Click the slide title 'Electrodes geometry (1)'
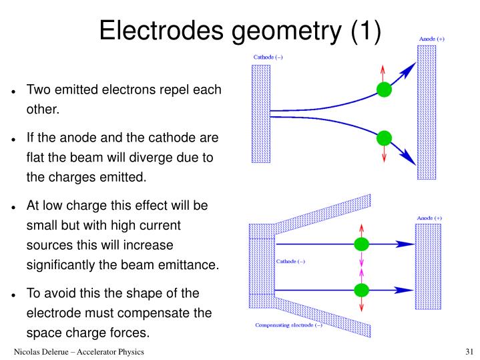point(240,30)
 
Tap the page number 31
point(468,352)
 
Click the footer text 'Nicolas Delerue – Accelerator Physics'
point(79,352)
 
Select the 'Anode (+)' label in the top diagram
point(431,39)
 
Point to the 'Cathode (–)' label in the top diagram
point(268,57)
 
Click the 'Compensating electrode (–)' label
point(288,325)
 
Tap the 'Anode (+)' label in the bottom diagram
point(429,218)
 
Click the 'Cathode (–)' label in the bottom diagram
point(291,261)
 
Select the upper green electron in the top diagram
point(383,89)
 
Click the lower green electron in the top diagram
point(383,138)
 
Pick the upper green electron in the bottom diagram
point(361,244)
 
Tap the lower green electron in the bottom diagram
point(361,290)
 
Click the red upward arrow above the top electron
point(383,72)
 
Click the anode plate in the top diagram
point(425,112)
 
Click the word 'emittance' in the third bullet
point(190,265)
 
